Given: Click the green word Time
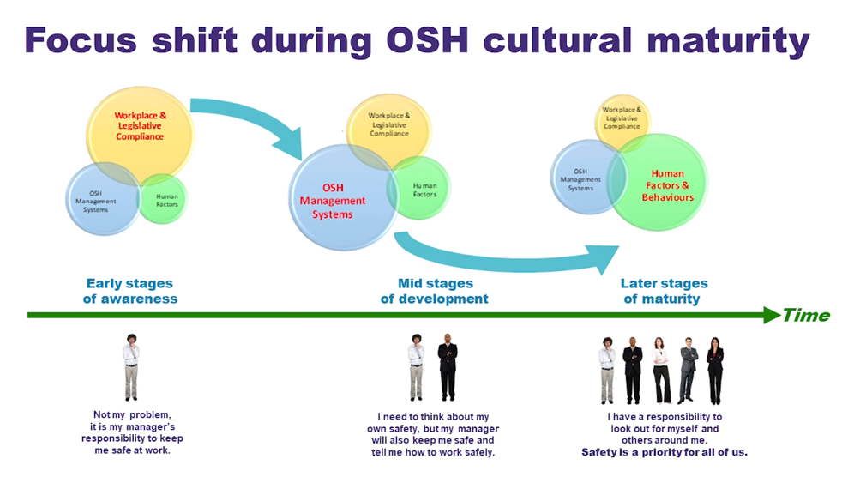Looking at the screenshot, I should tap(806, 315).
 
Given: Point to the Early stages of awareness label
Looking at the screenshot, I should tap(129, 291).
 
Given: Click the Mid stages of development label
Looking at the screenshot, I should tap(435, 291).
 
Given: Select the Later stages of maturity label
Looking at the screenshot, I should tap(665, 291).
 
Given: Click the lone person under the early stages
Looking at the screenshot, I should tap(130, 366).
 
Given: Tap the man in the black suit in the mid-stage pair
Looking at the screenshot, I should tap(448, 366).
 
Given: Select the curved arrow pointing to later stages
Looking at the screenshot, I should tap(506, 255).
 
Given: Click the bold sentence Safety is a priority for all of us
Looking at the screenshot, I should tap(665, 452).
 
